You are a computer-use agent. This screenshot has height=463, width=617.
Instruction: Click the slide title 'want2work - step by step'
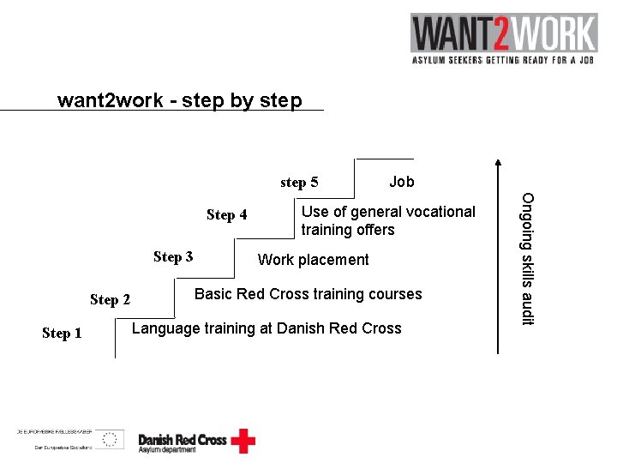(x=180, y=100)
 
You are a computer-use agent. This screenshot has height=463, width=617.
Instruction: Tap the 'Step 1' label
(x=62, y=334)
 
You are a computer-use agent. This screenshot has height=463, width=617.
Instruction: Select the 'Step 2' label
(x=110, y=299)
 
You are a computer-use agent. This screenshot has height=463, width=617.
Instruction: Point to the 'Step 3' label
(x=173, y=256)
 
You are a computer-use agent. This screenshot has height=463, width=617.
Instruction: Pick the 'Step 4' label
(x=226, y=215)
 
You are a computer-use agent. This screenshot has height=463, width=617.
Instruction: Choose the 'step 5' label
(x=299, y=182)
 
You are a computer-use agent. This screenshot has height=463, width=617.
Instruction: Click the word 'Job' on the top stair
(x=401, y=182)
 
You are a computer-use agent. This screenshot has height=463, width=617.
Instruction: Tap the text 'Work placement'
(x=313, y=260)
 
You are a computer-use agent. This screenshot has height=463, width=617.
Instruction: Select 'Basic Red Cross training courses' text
(x=308, y=294)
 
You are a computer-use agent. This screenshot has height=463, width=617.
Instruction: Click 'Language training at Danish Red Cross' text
(x=267, y=328)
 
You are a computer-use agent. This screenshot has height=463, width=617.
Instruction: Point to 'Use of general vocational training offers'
(x=388, y=220)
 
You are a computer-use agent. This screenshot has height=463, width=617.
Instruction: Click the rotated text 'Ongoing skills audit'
(x=528, y=259)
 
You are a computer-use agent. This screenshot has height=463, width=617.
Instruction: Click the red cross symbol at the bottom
(x=243, y=441)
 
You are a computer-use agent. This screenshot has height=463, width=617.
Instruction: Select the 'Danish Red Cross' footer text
(x=183, y=440)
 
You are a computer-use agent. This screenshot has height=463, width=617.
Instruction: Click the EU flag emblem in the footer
(x=109, y=440)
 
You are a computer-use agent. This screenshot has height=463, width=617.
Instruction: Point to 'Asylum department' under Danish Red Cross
(x=167, y=450)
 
